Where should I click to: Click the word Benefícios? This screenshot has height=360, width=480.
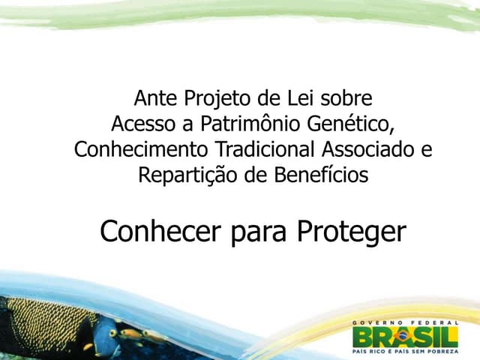click(x=325, y=175)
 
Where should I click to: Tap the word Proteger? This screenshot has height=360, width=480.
click(x=351, y=233)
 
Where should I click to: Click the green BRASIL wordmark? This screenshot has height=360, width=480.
click(x=405, y=336)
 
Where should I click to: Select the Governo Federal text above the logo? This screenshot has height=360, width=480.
click(x=405, y=322)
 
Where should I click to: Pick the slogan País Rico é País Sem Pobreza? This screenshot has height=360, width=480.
click(x=405, y=351)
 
